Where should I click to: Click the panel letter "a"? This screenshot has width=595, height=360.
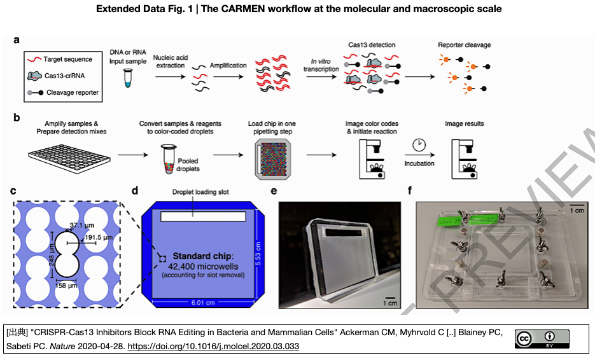[x=17, y=40]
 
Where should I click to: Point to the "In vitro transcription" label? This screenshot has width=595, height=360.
[x=321, y=65]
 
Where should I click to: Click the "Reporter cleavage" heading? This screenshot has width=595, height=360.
[x=464, y=45]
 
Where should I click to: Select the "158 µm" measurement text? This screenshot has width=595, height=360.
[x=68, y=286]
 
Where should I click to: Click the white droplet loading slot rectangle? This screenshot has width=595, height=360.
[x=203, y=217]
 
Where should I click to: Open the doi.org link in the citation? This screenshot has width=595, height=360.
[x=213, y=347]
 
